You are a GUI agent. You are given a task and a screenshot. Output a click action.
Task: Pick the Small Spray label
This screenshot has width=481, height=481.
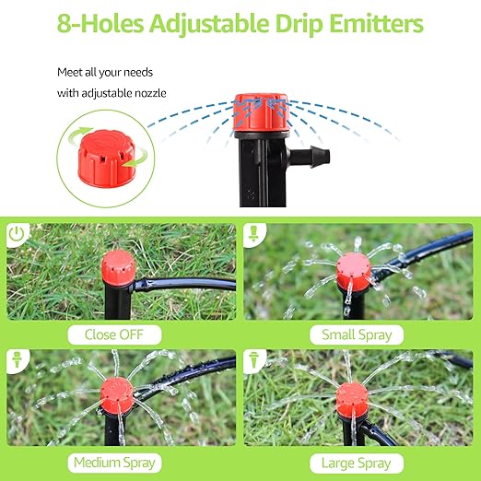pos(356,334)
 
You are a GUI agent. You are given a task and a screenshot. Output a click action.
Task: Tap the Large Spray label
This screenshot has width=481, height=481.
pos(356,462)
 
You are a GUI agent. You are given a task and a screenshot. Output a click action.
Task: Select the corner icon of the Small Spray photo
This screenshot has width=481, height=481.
pos(254,234)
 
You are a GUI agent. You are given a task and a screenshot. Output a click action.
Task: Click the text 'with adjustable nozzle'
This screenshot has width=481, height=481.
pos(113,92)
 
